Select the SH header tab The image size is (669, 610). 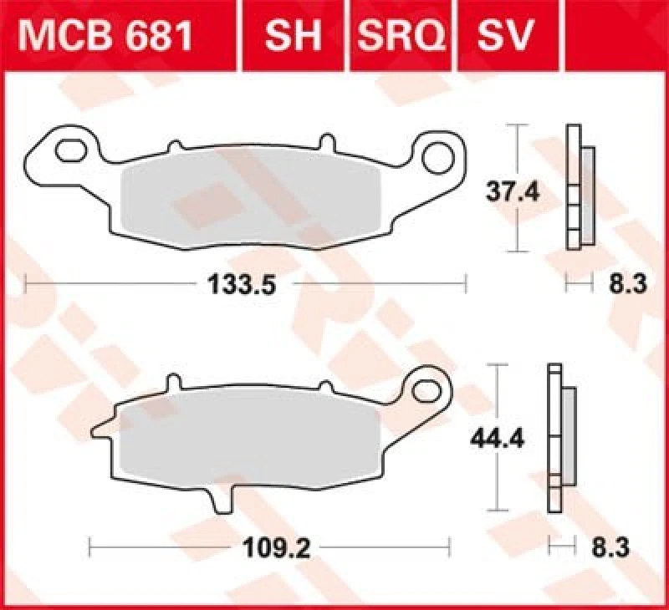pos(294,36)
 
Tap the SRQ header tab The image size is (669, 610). pos(401,36)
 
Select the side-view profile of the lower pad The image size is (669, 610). pos(559,438)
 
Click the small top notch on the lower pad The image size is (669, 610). pos(172,384)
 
